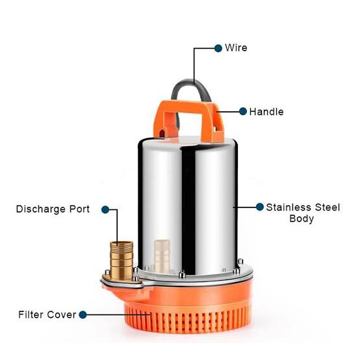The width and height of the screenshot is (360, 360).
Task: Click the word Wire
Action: tap(236, 47)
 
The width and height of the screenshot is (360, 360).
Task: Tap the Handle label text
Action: tap(266, 112)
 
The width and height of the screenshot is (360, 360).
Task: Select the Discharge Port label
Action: tap(53, 209)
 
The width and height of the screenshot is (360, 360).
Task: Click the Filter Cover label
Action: tap(47, 315)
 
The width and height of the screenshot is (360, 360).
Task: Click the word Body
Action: tap(302, 218)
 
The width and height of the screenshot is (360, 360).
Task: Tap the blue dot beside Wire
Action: tap(218, 48)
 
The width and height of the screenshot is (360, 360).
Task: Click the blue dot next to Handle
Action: tap(243, 111)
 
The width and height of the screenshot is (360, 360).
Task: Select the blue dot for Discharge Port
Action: tap(105, 209)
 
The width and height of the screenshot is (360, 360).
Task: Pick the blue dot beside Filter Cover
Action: tap(83, 315)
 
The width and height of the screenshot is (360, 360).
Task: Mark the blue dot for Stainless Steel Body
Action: tap(260, 207)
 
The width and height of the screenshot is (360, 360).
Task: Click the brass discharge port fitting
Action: tap(122, 260)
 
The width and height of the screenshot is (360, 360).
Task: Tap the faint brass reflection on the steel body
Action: tap(162, 255)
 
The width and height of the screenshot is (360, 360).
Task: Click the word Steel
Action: tap(327, 207)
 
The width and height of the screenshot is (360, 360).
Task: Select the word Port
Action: tap(79, 209)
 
